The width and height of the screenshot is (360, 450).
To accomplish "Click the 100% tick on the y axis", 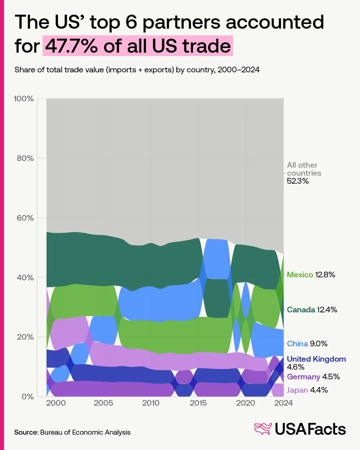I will click(x=24, y=99).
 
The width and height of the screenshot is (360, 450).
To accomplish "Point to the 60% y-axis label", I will click(x=25, y=218).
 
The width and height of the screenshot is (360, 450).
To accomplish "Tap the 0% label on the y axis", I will click(x=28, y=397).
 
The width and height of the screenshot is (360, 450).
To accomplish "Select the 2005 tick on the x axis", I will click(x=103, y=403).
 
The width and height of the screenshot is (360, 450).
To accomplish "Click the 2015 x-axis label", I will click(x=198, y=403).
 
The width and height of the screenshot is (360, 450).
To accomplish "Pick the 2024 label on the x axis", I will click(x=283, y=403).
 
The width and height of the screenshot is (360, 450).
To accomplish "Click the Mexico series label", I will click(x=300, y=274).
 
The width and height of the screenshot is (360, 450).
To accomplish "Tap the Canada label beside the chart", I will click(x=301, y=310).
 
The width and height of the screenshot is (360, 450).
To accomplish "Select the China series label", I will click(x=297, y=343).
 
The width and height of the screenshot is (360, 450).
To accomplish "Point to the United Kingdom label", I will click(x=316, y=359).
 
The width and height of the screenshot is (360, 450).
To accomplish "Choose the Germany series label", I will click(x=304, y=377).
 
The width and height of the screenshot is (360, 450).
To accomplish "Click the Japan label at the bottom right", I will click(x=297, y=390).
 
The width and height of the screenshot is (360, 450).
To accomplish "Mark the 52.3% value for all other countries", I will click(x=298, y=181).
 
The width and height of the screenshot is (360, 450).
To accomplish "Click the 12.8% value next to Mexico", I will click(x=325, y=274).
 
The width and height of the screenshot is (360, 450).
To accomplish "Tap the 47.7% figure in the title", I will click(x=71, y=46).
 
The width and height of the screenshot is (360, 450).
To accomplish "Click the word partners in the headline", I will click(x=181, y=23).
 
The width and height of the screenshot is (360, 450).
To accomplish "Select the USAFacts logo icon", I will click(x=263, y=429).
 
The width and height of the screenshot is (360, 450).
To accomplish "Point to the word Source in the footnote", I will click(x=26, y=432).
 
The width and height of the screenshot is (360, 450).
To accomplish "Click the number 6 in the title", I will click(x=131, y=22).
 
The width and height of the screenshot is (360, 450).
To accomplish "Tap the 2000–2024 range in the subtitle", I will click(x=238, y=70).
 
